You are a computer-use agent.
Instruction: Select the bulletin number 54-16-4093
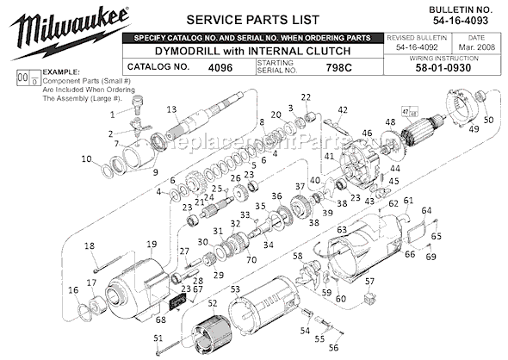460,19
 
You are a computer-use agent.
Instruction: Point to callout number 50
487,121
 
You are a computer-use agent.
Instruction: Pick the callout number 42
343,109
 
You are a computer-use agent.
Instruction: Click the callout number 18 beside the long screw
90,246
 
